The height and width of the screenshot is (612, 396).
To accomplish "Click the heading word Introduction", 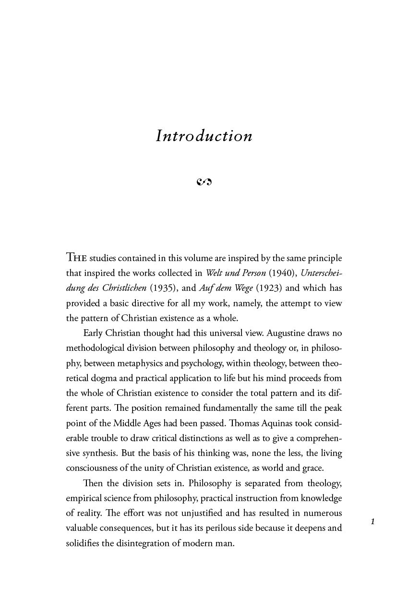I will [204, 136].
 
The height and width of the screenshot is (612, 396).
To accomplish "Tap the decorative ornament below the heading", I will [204, 181].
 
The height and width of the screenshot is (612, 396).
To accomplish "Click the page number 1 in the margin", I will [372, 521].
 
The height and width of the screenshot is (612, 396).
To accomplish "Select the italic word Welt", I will [215, 273].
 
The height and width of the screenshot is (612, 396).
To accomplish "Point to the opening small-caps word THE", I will [76, 257].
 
